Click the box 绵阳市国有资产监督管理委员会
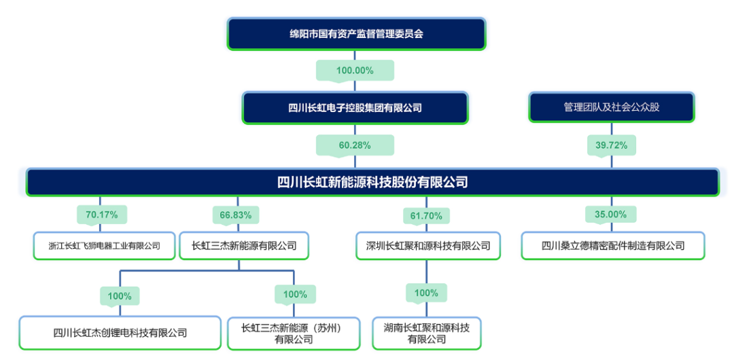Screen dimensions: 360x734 356,33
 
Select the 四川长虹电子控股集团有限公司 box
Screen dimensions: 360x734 355,107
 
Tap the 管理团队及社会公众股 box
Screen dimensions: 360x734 611,107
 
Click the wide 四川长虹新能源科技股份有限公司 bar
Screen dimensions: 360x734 372,182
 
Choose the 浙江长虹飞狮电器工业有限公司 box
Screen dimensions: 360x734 105,246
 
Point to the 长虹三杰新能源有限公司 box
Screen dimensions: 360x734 244,246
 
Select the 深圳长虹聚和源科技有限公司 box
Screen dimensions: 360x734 428,246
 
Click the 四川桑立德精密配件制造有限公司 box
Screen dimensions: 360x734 612,246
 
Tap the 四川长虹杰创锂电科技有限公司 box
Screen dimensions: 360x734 120,333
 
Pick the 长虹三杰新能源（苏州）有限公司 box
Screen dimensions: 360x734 294,333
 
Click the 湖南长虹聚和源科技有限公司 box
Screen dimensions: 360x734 427,333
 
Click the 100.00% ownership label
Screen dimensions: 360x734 355,70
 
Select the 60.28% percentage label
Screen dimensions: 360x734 354,145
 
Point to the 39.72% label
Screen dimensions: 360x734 611,145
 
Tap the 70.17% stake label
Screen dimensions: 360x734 101,215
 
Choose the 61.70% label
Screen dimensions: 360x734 426,216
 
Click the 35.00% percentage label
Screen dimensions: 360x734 610,214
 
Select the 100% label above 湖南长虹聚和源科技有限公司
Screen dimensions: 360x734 426,293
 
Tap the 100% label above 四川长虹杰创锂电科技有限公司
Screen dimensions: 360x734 120,295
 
